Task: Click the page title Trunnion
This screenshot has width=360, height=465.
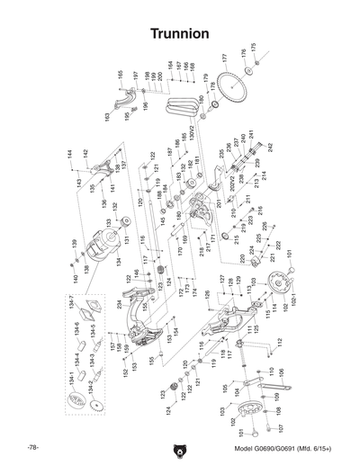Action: [x=180, y=32]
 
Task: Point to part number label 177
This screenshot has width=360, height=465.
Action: [x=224, y=58]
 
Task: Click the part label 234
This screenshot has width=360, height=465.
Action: [x=118, y=304]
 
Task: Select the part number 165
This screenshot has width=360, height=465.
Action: [x=120, y=74]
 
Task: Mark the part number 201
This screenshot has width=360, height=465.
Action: [x=217, y=203]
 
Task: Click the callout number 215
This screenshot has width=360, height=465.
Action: [x=238, y=241]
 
